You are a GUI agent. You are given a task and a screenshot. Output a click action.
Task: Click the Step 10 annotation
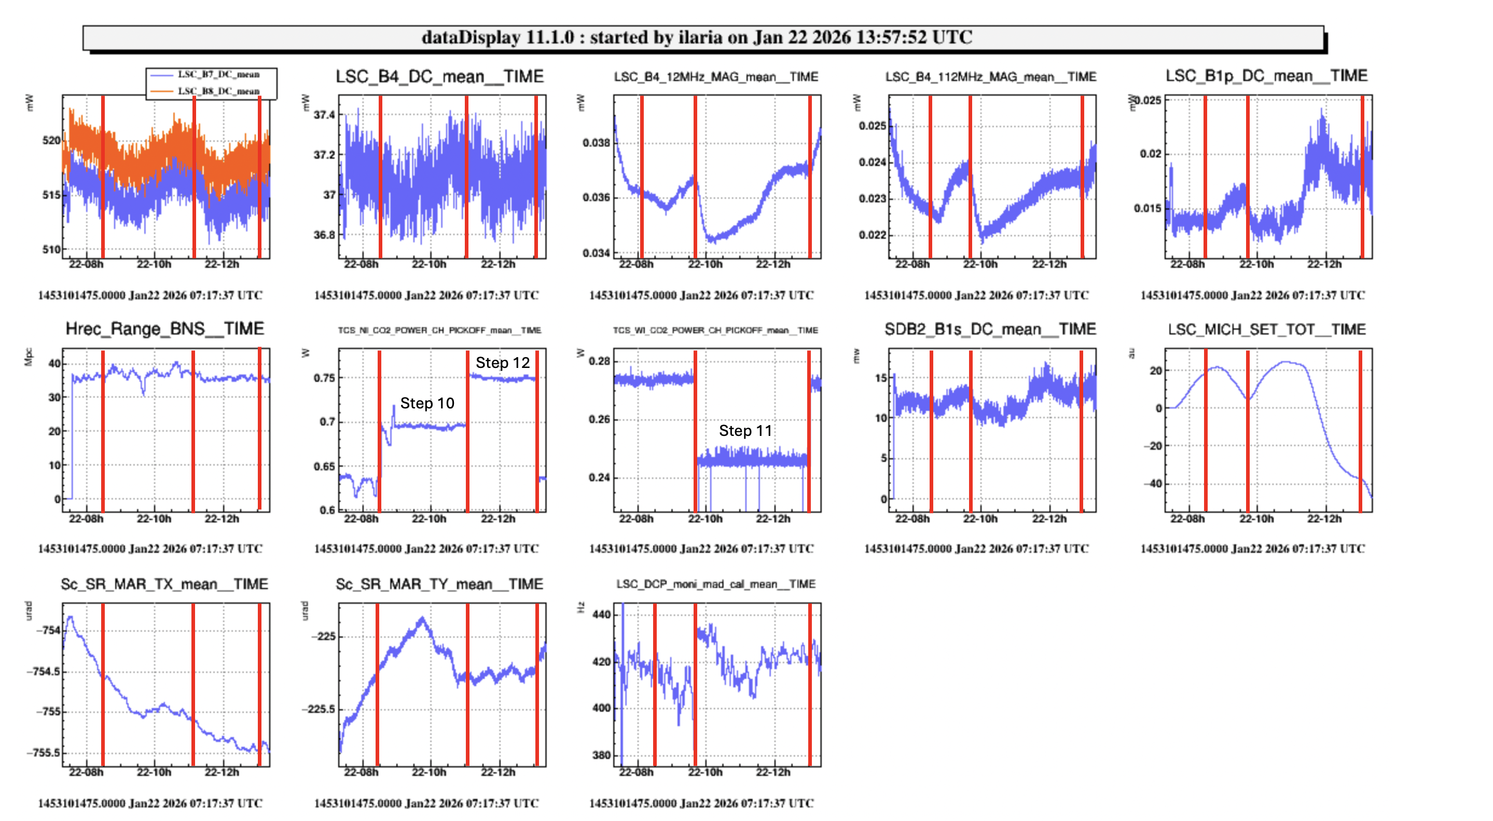coord(427,403)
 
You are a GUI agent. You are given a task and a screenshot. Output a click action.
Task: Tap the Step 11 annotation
coord(745,430)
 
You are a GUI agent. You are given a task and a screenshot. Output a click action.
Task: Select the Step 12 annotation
coord(503,362)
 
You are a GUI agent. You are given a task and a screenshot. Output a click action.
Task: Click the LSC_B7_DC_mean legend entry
coord(218,74)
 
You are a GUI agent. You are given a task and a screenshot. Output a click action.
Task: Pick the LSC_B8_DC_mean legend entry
coord(218,91)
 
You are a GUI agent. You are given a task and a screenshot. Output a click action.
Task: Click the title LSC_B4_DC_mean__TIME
coord(439,76)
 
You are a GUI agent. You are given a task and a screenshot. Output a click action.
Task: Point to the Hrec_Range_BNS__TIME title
coord(164,329)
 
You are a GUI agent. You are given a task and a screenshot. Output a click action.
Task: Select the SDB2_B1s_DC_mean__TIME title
coord(990,329)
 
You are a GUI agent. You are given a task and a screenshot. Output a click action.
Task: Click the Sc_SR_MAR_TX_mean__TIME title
coord(164,584)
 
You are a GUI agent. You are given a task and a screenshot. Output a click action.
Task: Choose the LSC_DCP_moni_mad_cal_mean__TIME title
coord(716,584)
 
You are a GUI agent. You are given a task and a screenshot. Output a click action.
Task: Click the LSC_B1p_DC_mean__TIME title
coord(1266,76)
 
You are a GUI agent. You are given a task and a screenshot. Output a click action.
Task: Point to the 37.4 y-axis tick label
coord(325,115)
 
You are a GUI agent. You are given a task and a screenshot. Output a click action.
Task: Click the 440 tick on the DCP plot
coord(602,614)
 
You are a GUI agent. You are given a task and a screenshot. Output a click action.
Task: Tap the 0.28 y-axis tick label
coord(599,361)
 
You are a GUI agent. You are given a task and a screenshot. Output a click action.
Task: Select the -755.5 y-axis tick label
coord(44,752)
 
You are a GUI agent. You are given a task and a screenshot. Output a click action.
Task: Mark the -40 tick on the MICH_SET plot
coord(1152,483)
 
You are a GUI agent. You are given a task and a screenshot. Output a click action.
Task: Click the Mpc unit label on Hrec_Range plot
coord(29,357)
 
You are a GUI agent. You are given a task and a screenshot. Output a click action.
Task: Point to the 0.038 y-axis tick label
coord(597,143)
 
